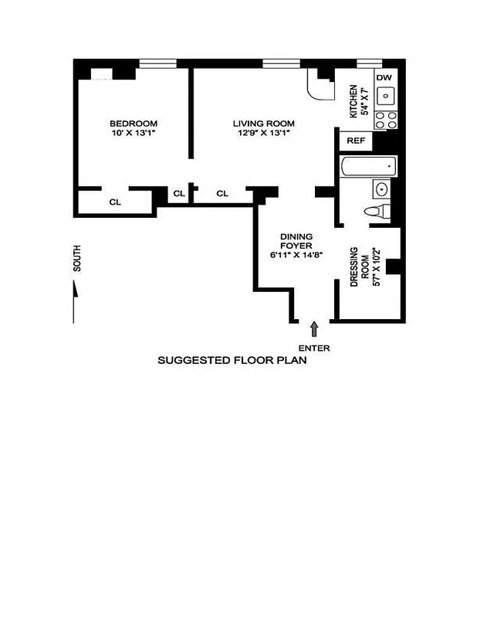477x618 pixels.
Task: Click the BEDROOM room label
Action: [134, 124]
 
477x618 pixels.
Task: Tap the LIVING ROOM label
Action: [264, 124]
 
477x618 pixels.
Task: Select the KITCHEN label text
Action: [354, 101]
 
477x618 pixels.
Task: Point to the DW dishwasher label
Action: [384, 77]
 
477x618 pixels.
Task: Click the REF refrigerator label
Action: [356, 141]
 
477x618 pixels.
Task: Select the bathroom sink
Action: [381, 188]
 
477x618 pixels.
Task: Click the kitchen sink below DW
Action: [385, 97]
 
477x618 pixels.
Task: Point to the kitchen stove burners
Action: [385, 119]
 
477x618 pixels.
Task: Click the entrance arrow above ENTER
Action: [313, 329]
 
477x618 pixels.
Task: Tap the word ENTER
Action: [314, 348]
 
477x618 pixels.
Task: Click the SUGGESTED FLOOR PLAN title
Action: [232, 360]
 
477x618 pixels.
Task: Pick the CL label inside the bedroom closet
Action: [114, 202]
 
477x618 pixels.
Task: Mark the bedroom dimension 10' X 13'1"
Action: [134, 134]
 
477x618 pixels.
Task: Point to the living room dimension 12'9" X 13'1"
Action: [264, 134]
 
